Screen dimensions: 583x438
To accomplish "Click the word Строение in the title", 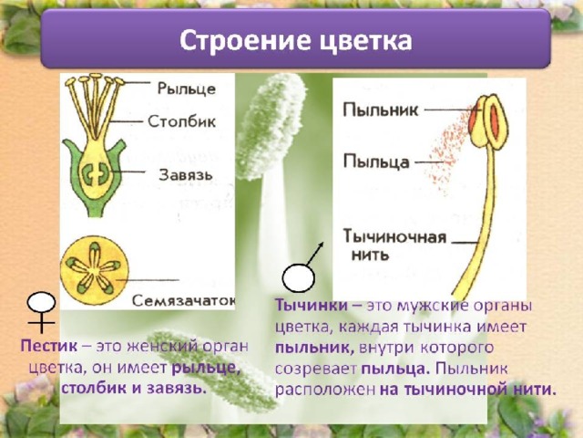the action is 246,40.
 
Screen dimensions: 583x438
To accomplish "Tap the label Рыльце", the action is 187,89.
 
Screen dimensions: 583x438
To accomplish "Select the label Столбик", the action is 182,121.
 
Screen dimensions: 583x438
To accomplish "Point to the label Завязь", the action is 186,174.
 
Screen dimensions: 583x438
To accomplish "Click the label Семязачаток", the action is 184,300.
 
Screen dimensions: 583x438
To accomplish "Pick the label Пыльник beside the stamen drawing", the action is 381,109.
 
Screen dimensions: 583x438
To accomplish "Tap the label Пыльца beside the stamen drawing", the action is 376,162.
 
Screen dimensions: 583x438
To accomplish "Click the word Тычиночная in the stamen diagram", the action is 394,237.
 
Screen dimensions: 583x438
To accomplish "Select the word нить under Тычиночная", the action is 371,255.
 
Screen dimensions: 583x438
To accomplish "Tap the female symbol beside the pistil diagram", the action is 42,312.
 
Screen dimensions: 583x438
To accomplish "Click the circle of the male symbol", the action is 298,277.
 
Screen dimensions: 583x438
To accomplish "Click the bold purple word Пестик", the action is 49,346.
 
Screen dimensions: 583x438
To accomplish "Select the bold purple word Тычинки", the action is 312,306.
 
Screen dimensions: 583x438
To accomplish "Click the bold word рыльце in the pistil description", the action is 204,368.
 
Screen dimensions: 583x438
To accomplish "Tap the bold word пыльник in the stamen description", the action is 314,348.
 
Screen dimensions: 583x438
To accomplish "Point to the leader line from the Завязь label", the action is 128,172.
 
